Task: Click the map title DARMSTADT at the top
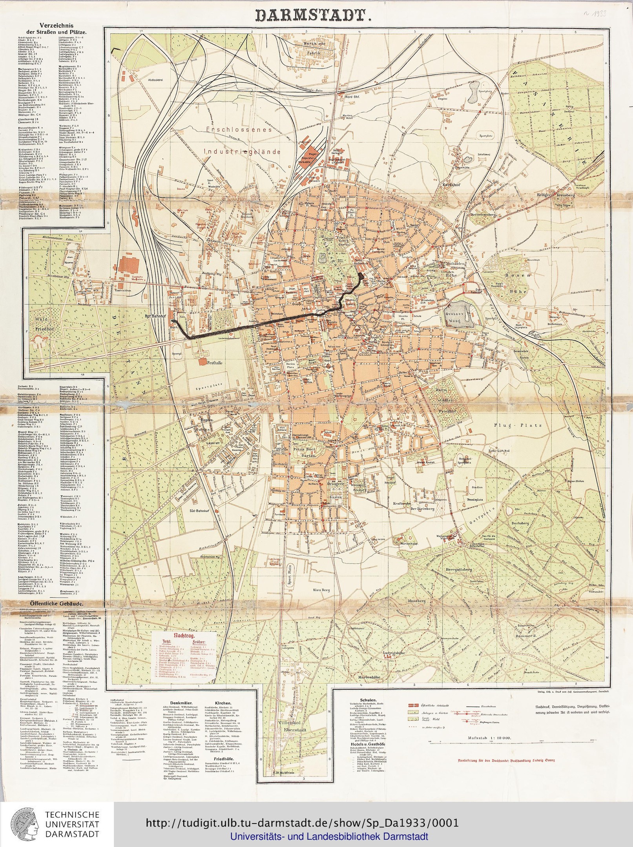tap(313, 15)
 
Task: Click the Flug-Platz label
tap(518, 425)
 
